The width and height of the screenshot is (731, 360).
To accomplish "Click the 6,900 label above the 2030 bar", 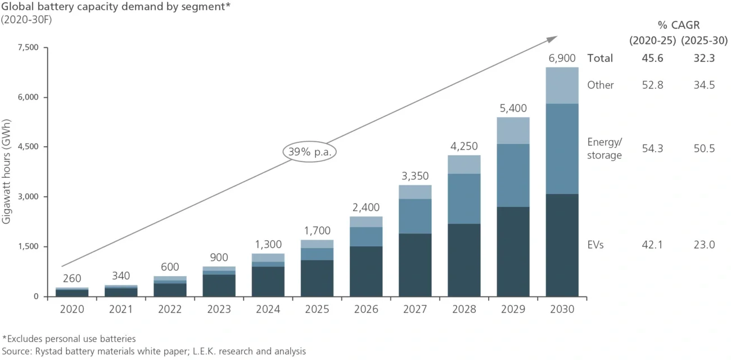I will tap(562, 58).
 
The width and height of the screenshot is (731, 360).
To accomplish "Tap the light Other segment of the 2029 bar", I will tap(513, 130).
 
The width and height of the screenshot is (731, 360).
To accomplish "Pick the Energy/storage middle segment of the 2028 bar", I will tap(464, 199).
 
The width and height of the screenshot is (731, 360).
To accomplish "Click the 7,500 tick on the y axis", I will tap(28, 47).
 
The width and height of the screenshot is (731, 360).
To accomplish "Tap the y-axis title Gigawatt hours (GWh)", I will tap(7, 172).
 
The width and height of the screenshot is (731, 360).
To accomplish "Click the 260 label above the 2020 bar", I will tap(72, 278).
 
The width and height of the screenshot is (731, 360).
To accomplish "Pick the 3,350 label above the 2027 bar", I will tap(415, 175).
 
